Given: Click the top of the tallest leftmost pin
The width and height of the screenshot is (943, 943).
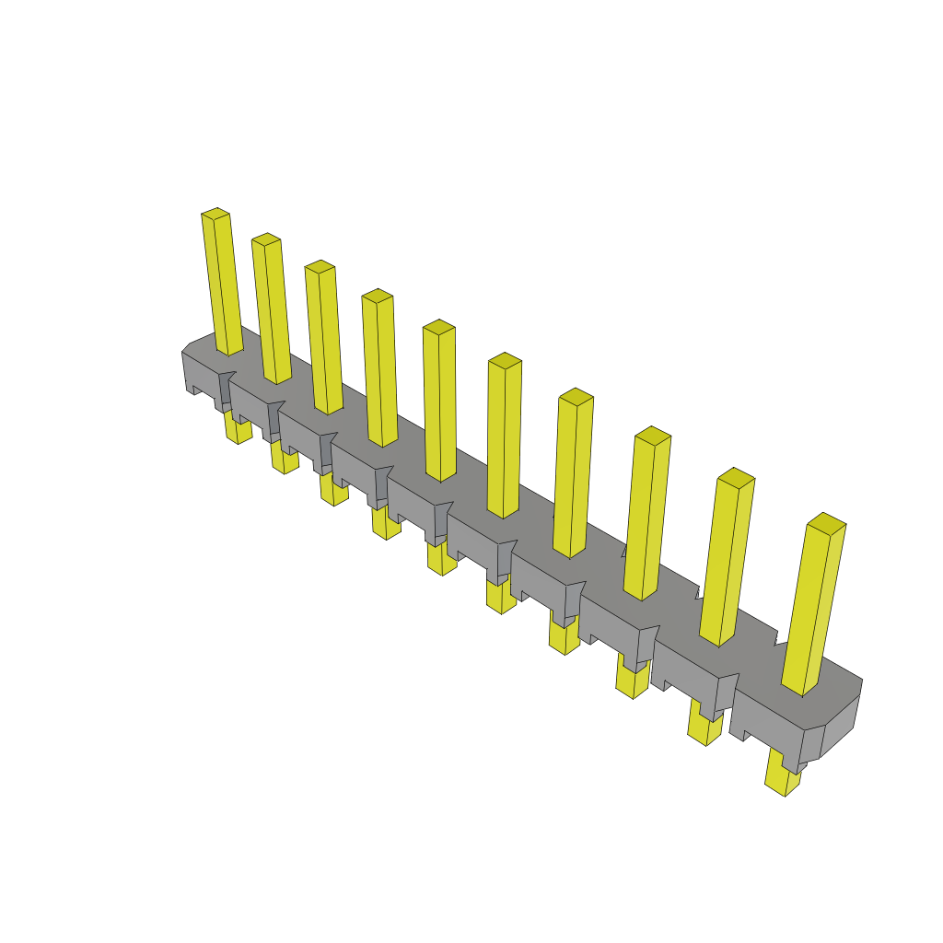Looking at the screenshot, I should click(x=215, y=214).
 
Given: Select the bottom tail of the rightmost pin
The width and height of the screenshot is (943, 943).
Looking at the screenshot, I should click(x=781, y=778).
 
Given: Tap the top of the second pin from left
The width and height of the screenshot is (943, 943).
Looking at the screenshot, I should click(x=266, y=239).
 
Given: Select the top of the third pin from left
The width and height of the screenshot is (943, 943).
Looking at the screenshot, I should click(x=320, y=266).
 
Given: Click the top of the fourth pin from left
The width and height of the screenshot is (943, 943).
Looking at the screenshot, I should click(x=378, y=295).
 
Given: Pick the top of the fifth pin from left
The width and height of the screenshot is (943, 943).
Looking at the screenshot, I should click(x=439, y=326).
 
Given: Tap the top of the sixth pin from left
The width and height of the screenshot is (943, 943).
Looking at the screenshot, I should click(x=505, y=359).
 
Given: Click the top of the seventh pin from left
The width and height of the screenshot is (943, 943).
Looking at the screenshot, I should click(x=576, y=396).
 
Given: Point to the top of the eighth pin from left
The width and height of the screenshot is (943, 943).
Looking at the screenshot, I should click(x=653, y=434).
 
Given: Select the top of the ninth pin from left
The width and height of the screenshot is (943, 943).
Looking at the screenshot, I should click(x=737, y=476).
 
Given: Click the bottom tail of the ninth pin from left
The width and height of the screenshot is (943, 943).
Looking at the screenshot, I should click(x=704, y=729).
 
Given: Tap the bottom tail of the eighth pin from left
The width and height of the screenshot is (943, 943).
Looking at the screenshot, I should click(x=631, y=682).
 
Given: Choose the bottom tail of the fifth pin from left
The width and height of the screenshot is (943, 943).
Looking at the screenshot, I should click(x=441, y=560).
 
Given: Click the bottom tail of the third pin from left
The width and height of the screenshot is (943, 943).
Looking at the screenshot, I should click(x=333, y=490).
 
